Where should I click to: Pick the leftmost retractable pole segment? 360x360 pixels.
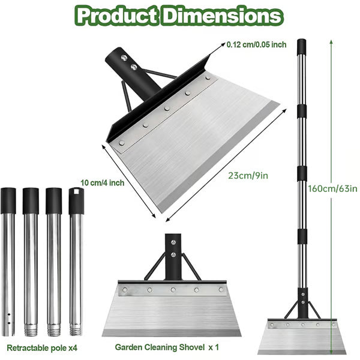coord(8,264)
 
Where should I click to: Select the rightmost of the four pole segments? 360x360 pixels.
coord(75,264)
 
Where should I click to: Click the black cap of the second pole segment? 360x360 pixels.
coord(31,200)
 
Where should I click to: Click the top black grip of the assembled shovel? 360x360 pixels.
coord(301,48)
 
